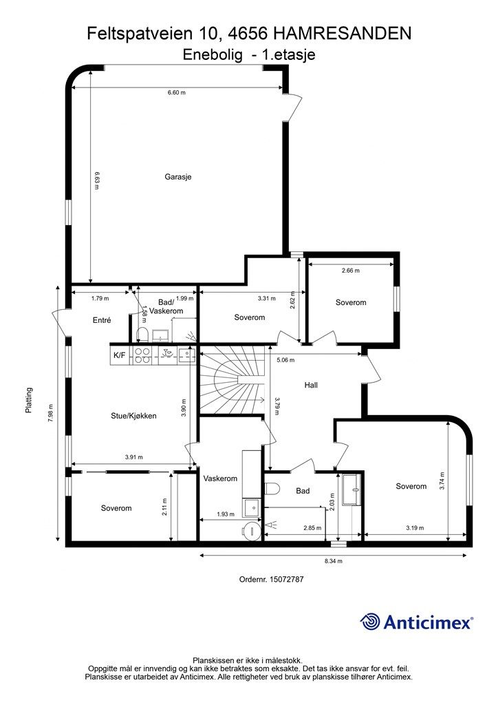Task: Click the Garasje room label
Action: coord(178,177)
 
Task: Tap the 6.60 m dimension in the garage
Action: coord(177,93)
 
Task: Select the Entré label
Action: coord(102,320)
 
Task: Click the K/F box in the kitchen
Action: coord(120,355)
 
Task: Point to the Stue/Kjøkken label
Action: coord(134,416)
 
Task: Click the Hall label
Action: coord(311,385)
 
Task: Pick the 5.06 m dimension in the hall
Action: coord(285,360)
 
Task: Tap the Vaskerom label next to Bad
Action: coord(220,478)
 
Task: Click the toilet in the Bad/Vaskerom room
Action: coord(142,335)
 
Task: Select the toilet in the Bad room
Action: coord(272,488)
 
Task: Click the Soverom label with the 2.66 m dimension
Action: coord(351,303)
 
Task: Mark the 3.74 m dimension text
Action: coord(442,481)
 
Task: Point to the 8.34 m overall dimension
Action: coord(334,560)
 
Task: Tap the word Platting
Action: coord(29,400)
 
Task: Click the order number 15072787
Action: coord(287,579)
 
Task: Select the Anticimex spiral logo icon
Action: coord(370,622)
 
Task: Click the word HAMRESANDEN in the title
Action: coord(342,33)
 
